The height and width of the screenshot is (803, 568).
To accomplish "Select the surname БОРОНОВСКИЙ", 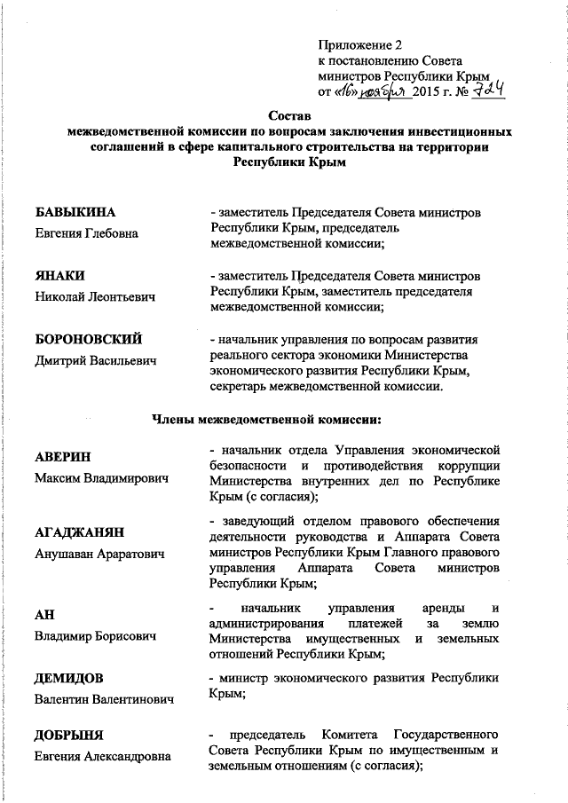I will [88, 339].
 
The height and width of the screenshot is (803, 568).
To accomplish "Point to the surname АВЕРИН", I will [63, 458].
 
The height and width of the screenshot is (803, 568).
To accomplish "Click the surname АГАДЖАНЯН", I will [79, 532].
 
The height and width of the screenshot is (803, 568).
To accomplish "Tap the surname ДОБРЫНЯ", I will [70, 736].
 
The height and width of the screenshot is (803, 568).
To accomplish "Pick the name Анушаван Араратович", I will [99, 554].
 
